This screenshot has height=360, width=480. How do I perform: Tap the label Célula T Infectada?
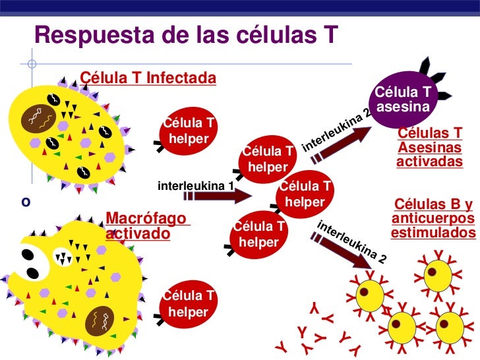(148, 78)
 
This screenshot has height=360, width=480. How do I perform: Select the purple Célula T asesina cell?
(404, 98)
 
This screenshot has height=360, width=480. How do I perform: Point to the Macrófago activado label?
(146, 225)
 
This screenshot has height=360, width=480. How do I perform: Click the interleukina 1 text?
(196, 185)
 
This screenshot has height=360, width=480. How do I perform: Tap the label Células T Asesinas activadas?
(430, 147)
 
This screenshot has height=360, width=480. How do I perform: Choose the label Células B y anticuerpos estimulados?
(433, 218)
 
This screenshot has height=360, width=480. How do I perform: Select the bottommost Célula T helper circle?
(189, 304)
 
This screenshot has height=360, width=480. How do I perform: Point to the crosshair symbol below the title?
(32, 65)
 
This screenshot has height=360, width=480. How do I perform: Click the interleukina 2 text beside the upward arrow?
(337, 127)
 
